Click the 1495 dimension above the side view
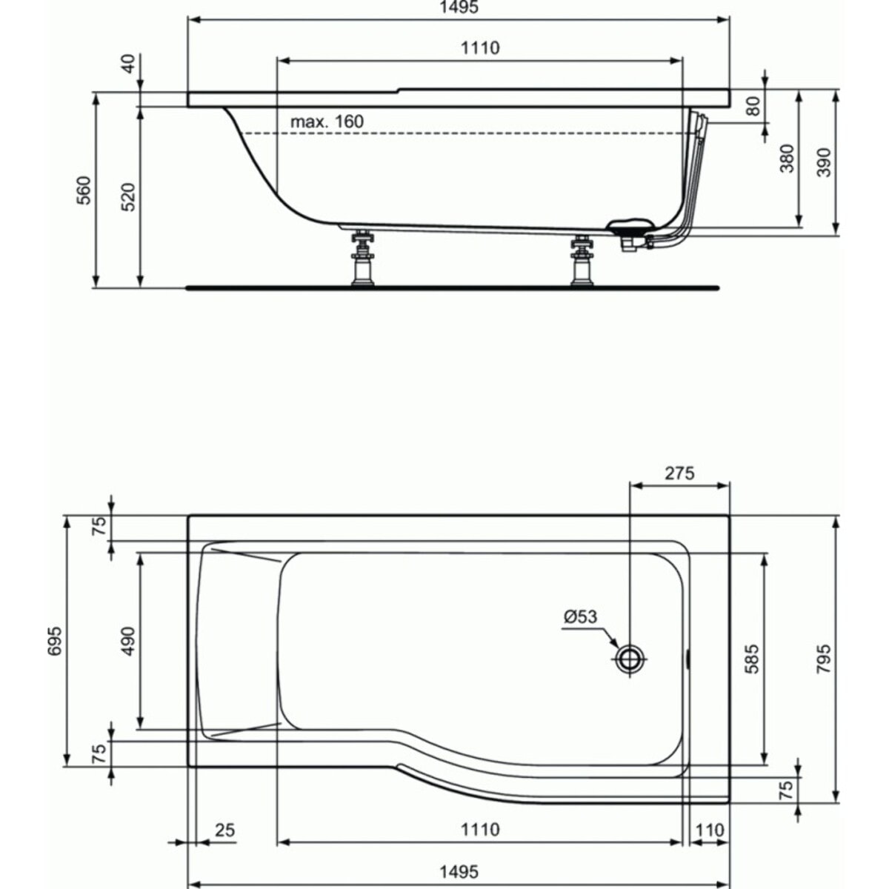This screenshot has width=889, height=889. coord(459,8)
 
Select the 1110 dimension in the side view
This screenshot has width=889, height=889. coord(480,49)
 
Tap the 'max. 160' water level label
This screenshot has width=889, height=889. coord(327,121)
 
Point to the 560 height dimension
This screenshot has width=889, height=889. coord(84,190)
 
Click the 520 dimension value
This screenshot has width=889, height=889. coord(128,198)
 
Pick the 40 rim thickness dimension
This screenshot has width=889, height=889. coord(128,63)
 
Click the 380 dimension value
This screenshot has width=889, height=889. coord(787,159)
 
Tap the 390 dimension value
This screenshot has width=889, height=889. coord(824,162)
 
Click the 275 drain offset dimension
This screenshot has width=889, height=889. coord(679,473)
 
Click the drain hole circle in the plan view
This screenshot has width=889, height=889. coord(630,657)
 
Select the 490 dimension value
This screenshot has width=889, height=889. coord(128,641)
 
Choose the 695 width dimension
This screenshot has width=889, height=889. coord(54,641)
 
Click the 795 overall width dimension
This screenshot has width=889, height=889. coord(824,659)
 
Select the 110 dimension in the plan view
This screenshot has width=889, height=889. coord(709,830)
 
